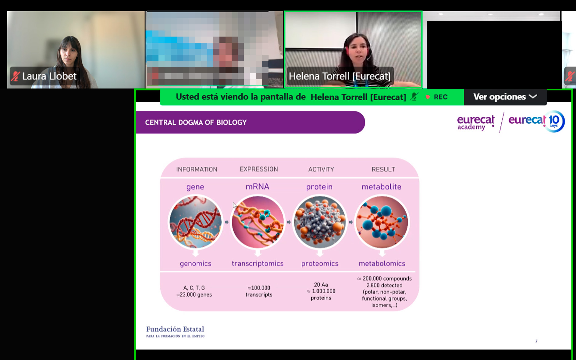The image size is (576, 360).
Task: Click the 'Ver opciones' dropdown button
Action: pyautogui.click(x=505, y=97)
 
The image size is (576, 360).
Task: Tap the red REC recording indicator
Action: pyautogui.click(x=437, y=97)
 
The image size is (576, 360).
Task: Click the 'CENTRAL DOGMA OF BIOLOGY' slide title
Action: pyautogui.click(x=196, y=123)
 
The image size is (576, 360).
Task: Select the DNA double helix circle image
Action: pyautogui.click(x=196, y=222)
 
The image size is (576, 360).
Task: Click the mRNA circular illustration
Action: pyautogui.click(x=258, y=222)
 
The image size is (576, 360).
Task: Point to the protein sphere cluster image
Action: pyautogui.click(x=320, y=222)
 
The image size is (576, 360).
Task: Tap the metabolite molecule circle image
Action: pyautogui.click(x=382, y=222)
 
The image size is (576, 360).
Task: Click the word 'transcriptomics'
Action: pyautogui.click(x=258, y=264)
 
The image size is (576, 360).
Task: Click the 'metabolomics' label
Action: pyautogui.click(x=382, y=264)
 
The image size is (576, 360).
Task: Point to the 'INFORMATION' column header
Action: pyautogui.click(x=197, y=169)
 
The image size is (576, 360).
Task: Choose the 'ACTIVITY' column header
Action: pyautogui.click(x=321, y=169)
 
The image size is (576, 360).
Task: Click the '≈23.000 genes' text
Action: pyautogui.click(x=194, y=295)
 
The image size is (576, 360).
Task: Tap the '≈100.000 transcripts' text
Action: pyautogui.click(x=259, y=291)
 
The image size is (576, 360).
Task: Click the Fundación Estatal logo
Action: pyautogui.click(x=175, y=332)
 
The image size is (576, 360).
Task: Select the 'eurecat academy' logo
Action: pyautogui.click(x=476, y=123)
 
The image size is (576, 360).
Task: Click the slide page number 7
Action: pyautogui.click(x=536, y=341)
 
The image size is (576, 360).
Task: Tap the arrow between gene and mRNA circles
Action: pyautogui.click(x=227, y=222)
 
